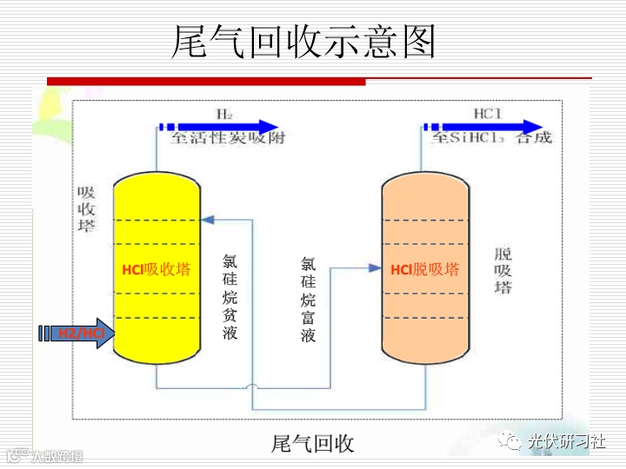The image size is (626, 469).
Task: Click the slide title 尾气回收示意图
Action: point(303,41)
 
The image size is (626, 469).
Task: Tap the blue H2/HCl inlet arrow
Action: point(83,334)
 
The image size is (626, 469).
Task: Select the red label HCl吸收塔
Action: point(156,270)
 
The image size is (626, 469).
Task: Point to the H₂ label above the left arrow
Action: point(225,114)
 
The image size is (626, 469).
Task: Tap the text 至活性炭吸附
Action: point(227,138)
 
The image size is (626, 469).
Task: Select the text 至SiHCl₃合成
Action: point(491,138)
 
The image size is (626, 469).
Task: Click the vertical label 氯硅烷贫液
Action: point(230,296)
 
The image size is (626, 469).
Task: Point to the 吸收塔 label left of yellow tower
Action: point(86,209)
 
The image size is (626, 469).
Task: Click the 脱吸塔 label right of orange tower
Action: point(503,270)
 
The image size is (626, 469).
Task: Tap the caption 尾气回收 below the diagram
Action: point(312,444)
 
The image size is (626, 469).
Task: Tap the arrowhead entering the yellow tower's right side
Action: point(207,218)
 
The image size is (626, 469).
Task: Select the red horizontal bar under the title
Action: point(209,81)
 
